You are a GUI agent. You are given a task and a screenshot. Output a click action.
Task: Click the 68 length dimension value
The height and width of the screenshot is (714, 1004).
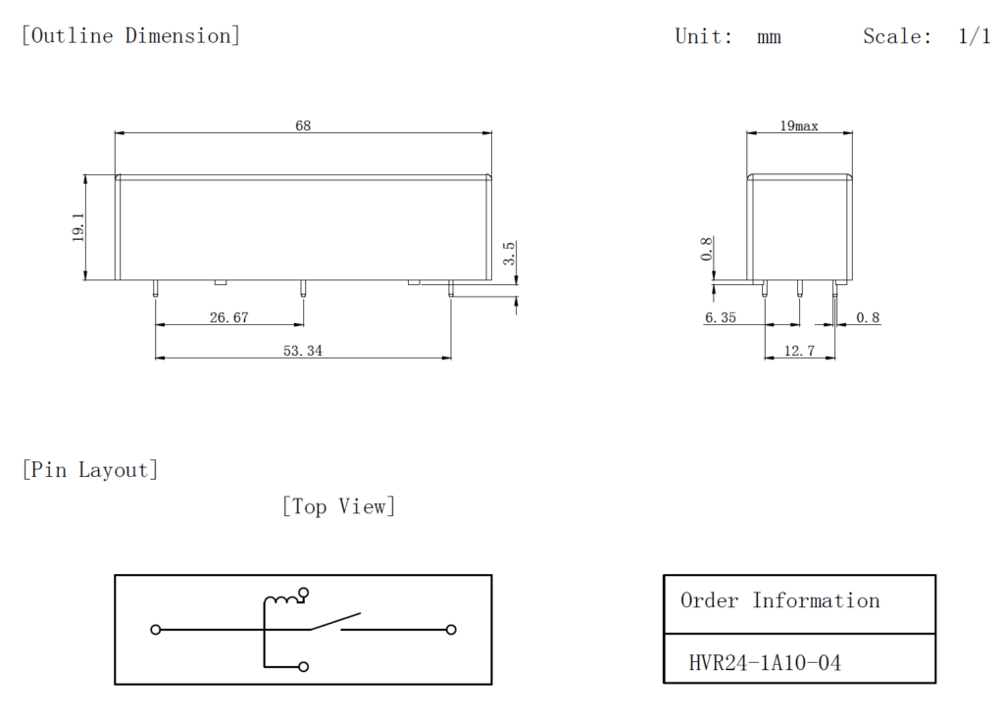tap(303, 125)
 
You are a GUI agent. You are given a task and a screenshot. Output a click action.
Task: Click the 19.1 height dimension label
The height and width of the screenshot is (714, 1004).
tap(78, 227)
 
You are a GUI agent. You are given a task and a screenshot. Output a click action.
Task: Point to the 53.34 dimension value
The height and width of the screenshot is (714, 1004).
tap(302, 351)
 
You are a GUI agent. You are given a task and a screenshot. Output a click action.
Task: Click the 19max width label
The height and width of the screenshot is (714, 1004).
tap(799, 126)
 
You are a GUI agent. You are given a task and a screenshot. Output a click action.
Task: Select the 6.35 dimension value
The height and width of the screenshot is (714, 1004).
tap(722, 318)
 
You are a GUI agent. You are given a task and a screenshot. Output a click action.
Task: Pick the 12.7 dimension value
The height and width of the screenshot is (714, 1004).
tap(798, 351)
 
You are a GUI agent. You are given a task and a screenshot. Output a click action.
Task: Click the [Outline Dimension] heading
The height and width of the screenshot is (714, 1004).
tap(130, 36)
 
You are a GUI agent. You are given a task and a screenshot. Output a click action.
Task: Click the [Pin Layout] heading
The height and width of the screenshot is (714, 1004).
tap(89, 470)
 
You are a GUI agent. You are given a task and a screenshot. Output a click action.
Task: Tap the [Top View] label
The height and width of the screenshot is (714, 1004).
tap(338, 506)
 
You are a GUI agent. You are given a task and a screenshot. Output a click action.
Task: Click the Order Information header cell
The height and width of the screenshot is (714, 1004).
tap(780, 601)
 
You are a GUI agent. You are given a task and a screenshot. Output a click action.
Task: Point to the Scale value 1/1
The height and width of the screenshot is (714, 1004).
tap(974, 37)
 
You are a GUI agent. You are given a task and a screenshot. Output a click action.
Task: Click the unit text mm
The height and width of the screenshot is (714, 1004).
tap(769, 37)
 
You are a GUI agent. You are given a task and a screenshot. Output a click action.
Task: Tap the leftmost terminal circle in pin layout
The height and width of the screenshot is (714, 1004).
tap(155, 630)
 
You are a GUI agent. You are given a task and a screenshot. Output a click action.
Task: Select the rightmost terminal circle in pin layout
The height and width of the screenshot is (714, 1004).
tap(451, 630)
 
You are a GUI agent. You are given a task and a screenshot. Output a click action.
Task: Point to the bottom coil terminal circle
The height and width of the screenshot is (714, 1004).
tap(304, 667)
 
